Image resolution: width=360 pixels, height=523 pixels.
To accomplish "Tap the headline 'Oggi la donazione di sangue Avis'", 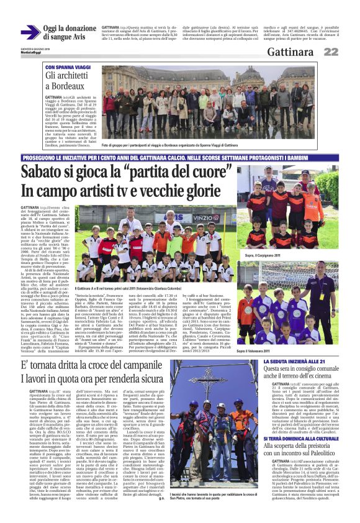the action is click(x=70, y=33).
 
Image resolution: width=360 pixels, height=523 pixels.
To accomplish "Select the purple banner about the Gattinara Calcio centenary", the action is click(x=180, y=158).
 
